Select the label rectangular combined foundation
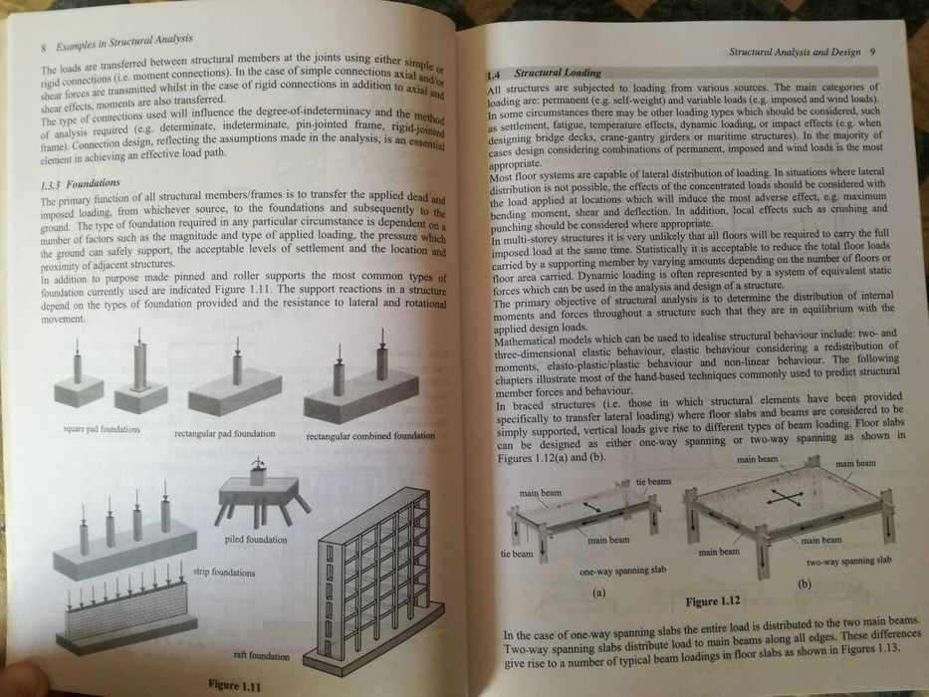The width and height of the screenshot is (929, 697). [x=370, y=437]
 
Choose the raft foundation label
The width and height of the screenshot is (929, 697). [x=261, y=656]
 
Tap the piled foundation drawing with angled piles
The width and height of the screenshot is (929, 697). [x=261, y=490]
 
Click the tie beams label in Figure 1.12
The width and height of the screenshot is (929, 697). [x=653, y=482]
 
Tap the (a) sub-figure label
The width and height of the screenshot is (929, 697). [x=599, y=591]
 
